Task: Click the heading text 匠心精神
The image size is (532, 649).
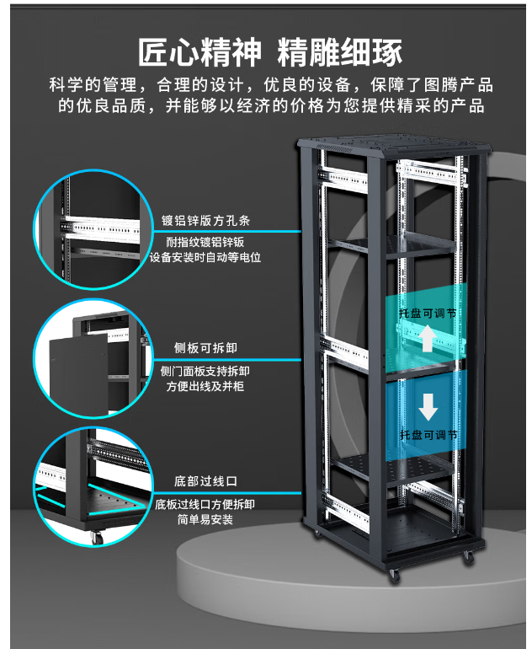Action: click(x=199, y=51)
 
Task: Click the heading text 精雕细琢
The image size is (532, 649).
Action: click(x=340, y=51)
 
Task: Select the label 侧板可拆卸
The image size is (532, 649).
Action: click(x=199, y=347)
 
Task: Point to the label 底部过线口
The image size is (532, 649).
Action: click(x=205, y=481)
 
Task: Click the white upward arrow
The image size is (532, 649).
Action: click(x=428, y=339)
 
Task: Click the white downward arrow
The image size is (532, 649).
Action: click(x=428, y=408)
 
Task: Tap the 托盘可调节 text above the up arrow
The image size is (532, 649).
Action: click(x=428, y=312)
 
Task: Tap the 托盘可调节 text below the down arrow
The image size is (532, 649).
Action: click(x=428, y=435)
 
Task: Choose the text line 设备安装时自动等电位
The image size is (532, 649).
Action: click(x=205, y=257)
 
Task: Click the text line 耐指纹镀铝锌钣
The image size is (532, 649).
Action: click(x=205, y=242)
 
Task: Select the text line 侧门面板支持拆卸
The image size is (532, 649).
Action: click(x=205, y=371)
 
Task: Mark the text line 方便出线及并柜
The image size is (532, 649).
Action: click(x=205, y=386)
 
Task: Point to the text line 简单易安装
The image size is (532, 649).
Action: click(x=205, y=520)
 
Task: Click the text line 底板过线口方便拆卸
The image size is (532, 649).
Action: click(x=205, y=504)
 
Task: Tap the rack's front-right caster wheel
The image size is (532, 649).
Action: click(x=465, y=557)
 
